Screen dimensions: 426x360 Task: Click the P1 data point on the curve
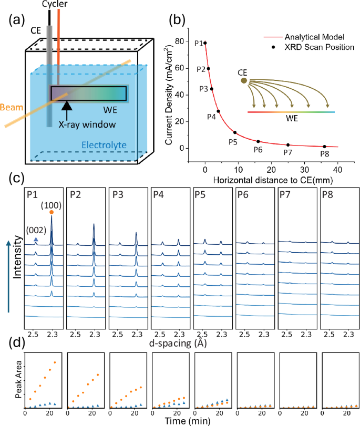[x=205, y=43]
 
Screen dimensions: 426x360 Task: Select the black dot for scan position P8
[x=324, y=147]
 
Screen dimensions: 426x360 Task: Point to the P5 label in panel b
[x=233, y=141]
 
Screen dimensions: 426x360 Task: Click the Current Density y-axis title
[x=174, y=95]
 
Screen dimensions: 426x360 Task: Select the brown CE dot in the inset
[x=243, y=80]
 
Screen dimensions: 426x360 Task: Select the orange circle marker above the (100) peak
[x=52, y=212]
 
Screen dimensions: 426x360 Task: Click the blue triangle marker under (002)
[x=35, y=239]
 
